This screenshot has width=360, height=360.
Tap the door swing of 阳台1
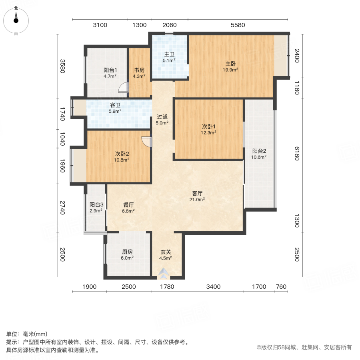125,87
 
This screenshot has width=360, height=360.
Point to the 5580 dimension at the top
238,25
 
